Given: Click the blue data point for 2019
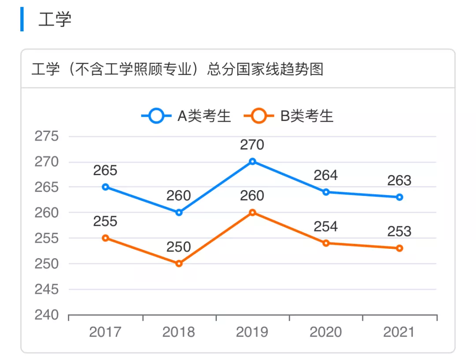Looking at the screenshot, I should (x=253, y=161).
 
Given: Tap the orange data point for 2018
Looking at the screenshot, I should (x=179, y=263).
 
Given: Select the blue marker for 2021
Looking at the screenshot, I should (x=399, y=197).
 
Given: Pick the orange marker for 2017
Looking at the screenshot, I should (x=105, y=238).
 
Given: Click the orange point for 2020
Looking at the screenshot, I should (x=326, y=243).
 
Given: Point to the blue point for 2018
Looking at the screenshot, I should (x=179, y=213).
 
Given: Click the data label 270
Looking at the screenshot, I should (x=252, y=145).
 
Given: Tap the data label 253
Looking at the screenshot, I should (x=399, y=231).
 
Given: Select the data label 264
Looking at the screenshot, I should (x=326, y=175).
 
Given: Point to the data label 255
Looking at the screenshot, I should (x=105, y=221).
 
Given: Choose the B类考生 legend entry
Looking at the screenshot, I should (x=289, y=116).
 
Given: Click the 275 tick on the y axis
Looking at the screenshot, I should (x=47, y=136).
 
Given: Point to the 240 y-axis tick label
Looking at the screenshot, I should (x=47, y=315).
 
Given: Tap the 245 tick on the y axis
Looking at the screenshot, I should (x=47, y=289).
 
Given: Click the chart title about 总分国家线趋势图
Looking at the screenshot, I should (x=177, y=69).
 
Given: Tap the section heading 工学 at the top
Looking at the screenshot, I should (x=55, y=20).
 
